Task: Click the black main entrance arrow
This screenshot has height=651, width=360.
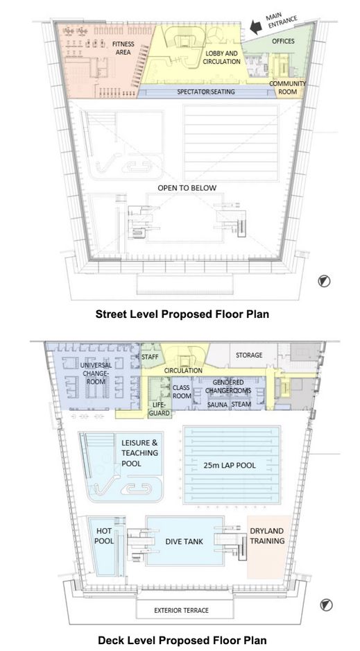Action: (256, 28)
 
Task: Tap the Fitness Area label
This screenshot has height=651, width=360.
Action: (123, 48)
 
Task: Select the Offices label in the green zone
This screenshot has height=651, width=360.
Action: (283, 41)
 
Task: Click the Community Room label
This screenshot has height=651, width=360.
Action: (287, 87)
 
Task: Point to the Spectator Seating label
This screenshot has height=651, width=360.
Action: (206, 92)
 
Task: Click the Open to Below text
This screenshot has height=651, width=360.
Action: (187, 188)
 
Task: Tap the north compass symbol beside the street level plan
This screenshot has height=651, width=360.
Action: (324, 281)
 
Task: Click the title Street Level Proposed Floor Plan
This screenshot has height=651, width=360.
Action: (182, 314)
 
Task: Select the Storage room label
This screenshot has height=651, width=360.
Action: (249, 355)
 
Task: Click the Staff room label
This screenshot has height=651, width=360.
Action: (149, 357)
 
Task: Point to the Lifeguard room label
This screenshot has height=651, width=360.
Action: (160, 408)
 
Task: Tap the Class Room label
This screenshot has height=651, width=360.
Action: (181, 391)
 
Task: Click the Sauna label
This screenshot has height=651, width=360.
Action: (217, 405)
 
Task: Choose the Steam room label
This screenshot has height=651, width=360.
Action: (241, 405)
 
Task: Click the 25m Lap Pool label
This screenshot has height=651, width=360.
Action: (230, 466)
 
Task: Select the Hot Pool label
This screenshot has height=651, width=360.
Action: (104, 536)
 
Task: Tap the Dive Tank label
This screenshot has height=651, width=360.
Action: (184, 541)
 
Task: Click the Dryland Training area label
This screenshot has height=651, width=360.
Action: (267, 536)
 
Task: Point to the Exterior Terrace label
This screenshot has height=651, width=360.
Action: (182, 610)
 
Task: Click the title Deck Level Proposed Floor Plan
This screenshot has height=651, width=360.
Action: (182, 640)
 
